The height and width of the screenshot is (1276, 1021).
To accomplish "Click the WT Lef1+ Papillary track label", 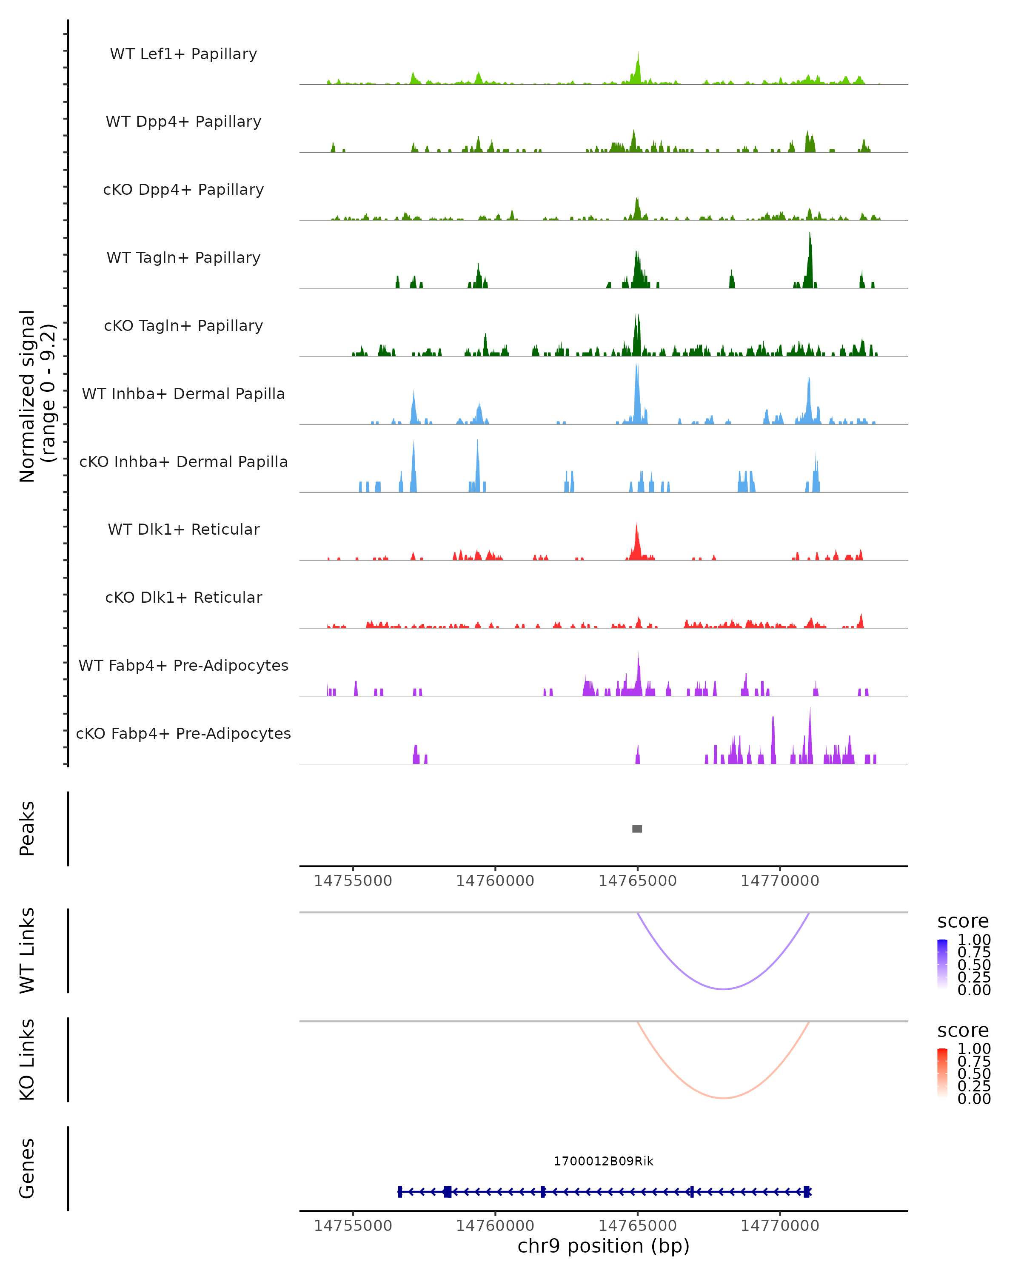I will click(x=183, y=54).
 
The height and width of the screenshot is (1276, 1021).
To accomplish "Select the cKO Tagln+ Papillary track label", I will click(x=183, y=325).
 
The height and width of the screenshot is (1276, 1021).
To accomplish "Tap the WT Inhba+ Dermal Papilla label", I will click(x=183, y=393).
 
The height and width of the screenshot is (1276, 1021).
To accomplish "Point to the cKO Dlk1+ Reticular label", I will click(x=183, y=597).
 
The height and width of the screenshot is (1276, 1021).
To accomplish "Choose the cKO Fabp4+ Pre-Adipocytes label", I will click(x=183, y=733).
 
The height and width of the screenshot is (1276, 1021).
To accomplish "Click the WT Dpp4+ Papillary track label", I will click(x=183, y=121).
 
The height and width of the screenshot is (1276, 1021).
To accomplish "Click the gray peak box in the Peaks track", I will click(x=637, y=829).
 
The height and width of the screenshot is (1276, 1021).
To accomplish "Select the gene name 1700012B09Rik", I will click(x=603, y=1161).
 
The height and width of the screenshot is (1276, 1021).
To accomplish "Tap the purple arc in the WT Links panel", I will click(x=723, y=988).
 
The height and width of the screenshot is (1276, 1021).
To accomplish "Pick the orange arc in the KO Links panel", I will click(x=723, y=1098).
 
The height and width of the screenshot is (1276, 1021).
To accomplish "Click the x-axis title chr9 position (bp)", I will click(x=603, y=1246).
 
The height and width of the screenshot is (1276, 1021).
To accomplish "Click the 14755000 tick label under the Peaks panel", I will click(x=353, y=881).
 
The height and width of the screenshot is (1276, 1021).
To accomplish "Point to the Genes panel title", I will click(x=27, y=1168).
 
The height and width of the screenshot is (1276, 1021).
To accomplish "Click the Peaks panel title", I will click(x=27, y=829).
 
